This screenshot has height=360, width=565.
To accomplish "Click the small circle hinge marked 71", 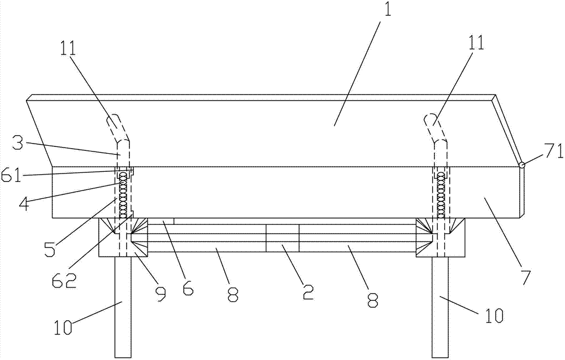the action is click(522, 165).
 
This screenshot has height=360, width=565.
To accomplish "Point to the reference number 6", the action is click(188, 288).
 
